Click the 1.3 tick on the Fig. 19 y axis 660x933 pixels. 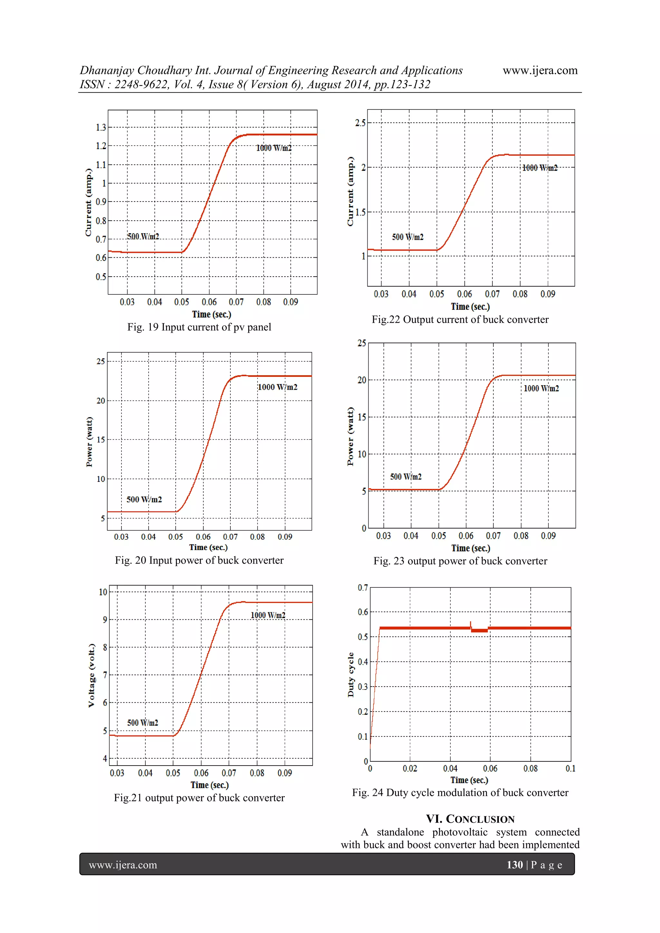pyautogui.click(x=101, y=128)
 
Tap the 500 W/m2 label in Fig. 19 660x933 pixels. pyautogui.click(x=143, y=236)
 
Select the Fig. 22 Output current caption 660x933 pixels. pyautogui.click(x=460, y=320)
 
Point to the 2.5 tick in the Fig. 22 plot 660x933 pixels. pyautogui.click(x=360, y=123)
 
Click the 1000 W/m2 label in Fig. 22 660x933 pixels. pyautogui.click(x=539, y=168)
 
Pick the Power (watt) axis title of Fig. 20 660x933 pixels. pyautogui.click(x=89, y=442)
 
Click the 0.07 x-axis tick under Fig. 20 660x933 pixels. pyautogui.click(x=230, y=537)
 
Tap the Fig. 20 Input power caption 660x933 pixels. pyautogui.click(x=199, y=560)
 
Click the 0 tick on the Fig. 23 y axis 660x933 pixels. pyautogui.click(x=364, y=528)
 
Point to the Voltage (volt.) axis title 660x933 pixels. pyautogui.click(x=92, y=675)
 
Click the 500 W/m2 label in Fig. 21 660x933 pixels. pyautogui.click(x=142, y=722)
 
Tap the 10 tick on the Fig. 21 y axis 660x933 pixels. pyautogui.click(x=103, y=592)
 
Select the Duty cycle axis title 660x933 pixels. pyautogui.click(x=351, y=675)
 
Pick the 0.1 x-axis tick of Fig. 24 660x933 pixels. pyautogui.click(x=570, y=768)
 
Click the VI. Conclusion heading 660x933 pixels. pyautogui.click(x=470, y=819)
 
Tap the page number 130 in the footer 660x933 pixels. pyautogui.click(x=514, y=865)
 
